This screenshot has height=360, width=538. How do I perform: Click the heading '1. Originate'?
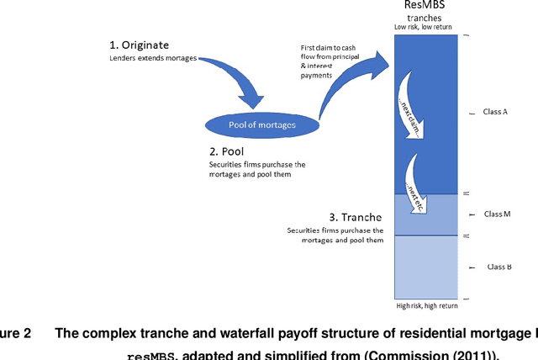coord(140,45)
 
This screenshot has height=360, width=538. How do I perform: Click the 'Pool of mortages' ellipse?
coord(262,124)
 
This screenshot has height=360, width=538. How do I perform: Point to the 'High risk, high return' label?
coord(427,305)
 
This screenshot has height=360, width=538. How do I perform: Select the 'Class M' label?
coord(498,214)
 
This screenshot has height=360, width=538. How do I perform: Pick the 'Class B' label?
coord(498,267)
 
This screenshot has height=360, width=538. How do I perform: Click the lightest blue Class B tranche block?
coord(427,266)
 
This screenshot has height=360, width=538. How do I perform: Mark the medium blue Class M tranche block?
coord(427,214)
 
